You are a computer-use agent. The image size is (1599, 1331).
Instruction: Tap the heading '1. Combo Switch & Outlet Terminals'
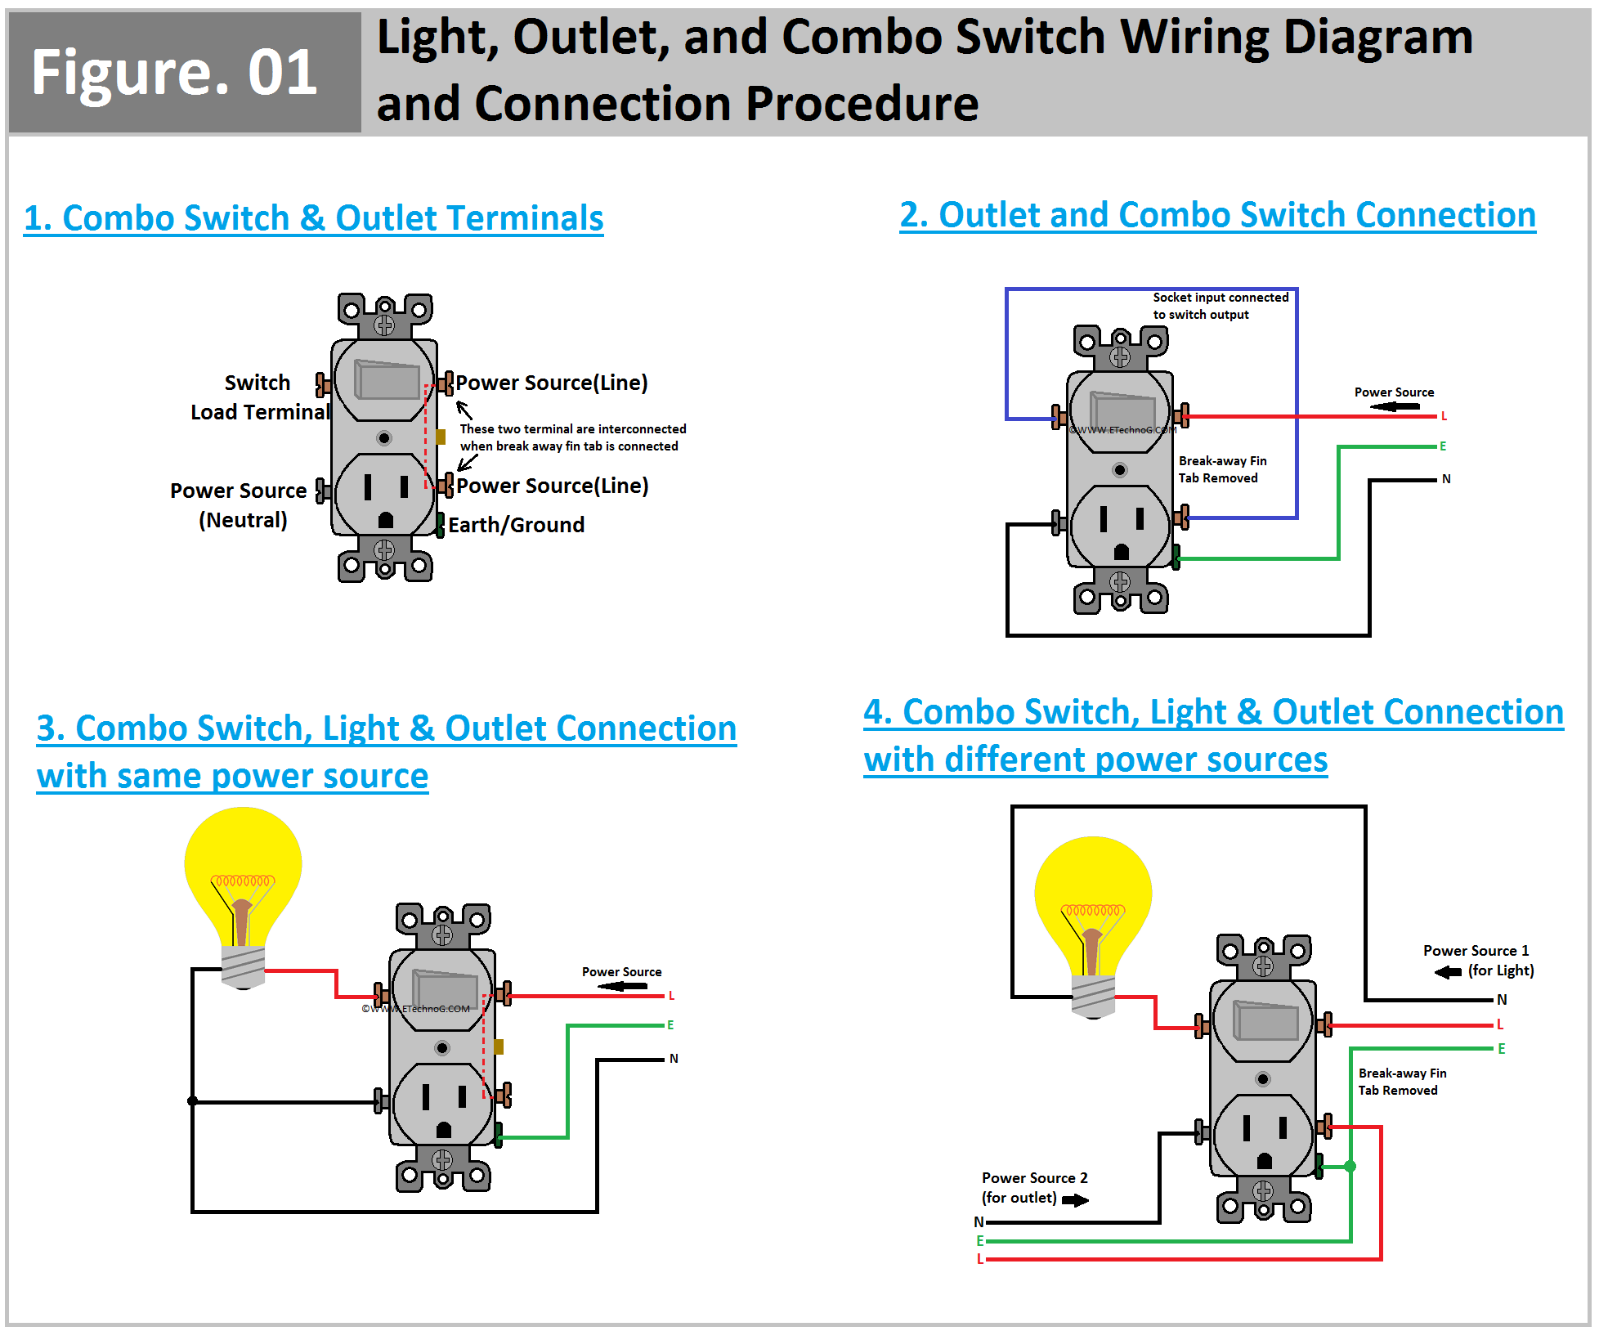(x=313, y=218)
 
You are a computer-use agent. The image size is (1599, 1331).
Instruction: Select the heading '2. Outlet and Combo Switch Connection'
(x=1217, y=215)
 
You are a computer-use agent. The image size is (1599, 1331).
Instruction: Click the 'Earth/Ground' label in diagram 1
(x=516, y=525)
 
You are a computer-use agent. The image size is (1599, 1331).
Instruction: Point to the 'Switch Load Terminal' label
(x=259, y=397)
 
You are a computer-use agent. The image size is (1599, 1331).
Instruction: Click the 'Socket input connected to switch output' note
(x=1220, y=306)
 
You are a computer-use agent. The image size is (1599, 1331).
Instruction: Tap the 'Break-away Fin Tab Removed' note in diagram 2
(x=1222, y=469)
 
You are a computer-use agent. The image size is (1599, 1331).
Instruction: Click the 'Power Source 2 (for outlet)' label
(x=1033, y=1187)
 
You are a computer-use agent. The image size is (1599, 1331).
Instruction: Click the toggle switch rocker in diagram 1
(x=387, y=381)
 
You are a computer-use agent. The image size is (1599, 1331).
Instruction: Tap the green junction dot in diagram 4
(x=1350, y=1167)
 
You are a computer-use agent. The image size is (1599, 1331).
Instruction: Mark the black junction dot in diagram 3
(x=193, y=1101)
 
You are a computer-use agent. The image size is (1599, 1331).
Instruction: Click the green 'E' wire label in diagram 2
(x=1443, y=446)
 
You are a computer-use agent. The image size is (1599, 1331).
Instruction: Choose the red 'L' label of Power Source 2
(x=979, y=1259)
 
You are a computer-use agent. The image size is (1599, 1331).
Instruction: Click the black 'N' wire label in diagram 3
(x=674, y=1059)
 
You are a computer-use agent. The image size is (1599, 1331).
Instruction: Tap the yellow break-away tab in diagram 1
(x=441, y=437)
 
